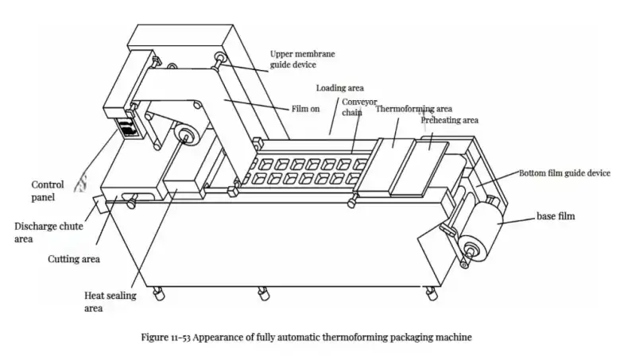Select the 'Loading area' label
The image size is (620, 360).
tap(340, 87)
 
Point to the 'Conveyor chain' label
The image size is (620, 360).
tap(359, 106)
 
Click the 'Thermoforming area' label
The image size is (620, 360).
tap(413, 108)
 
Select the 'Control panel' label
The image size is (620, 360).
tap(49, 190)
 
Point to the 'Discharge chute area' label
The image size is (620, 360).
tap(48, 231)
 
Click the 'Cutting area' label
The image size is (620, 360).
tap(73, 258)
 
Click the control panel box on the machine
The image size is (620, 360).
tap(126, 127)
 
